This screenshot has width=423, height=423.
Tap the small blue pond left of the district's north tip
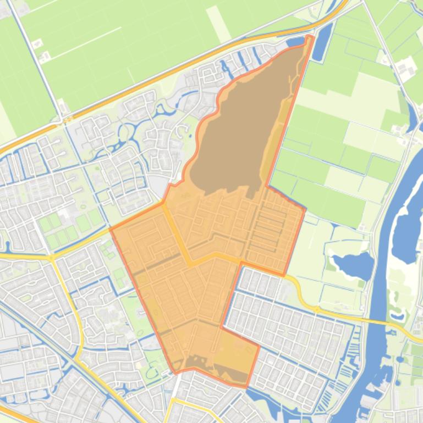296,42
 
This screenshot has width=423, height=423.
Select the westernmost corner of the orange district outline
112,229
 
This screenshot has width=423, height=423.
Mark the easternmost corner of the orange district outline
305,209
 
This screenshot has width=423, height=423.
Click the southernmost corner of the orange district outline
246,387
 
